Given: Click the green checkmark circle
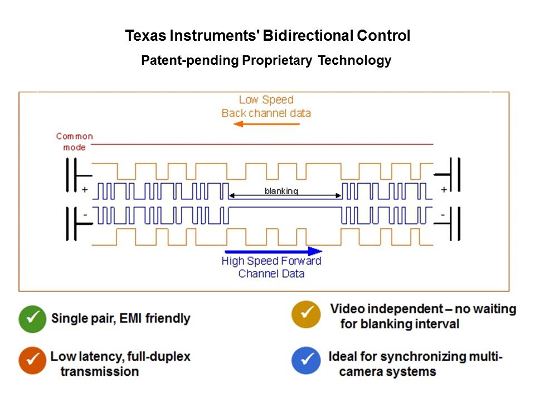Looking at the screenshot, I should point(33,319).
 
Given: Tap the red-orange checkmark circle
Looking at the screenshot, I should point(33,361).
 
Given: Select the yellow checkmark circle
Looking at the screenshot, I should point(306,315).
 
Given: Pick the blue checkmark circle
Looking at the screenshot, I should point(306,361).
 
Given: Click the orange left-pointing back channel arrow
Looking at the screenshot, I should point(266,124).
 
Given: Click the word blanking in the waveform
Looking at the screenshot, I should point(281,191).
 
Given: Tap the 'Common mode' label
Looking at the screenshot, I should point(74,142).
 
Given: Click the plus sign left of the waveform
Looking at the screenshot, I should point(85,190).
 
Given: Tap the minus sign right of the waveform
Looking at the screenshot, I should point(444,214).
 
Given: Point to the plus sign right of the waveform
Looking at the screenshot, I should point(444,190).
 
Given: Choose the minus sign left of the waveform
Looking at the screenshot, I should point(85,214).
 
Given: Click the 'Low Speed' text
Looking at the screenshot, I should point(266,100).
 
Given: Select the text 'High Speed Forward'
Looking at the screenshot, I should point(271,261).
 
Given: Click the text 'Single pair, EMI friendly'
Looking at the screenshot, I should point(121,319).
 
